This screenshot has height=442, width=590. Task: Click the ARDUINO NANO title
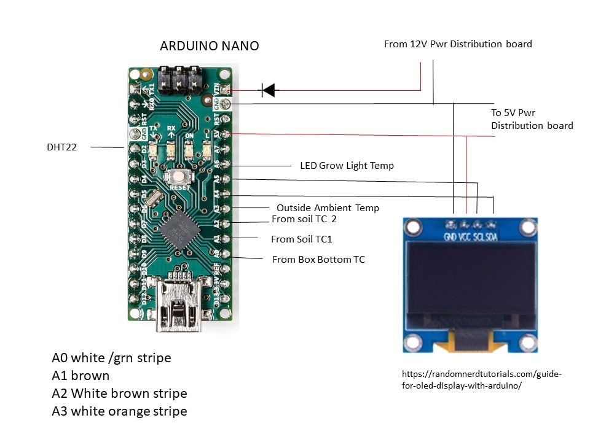pyautogui.click(x=209, y=46)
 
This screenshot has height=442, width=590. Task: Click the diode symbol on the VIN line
pyautogui.click(x=268, y=91)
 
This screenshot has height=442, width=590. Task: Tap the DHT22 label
pyautogui.click(x=62, y=147)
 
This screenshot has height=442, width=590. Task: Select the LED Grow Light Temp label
pyautogui.click(x=347, y=165)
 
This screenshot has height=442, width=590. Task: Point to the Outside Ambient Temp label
pyautogui.click(x=328, y=208)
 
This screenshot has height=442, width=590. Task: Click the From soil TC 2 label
pyautogui.click(x=304, y=219)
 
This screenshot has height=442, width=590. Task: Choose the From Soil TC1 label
pyautogui.click(x=301, y=239)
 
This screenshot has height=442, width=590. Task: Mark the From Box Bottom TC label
pyautogui.click(x=318, y=260)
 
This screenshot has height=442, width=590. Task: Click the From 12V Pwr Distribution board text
pyautogui.click(x=458, y=44)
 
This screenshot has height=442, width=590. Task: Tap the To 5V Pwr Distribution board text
pyautogui.click(x=532, y=119)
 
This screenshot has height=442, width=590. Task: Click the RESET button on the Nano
pyautogui.click(x=179, y=177)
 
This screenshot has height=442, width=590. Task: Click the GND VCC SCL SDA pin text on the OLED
pyautogui.click(x=470, y=236)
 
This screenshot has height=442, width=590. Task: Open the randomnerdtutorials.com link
pyautogui.click(x=481, y=379)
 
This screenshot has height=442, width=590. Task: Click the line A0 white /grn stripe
pyautogui.click(x=111, y=358)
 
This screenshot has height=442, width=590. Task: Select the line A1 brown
pyautogui.click(x=81, y=376)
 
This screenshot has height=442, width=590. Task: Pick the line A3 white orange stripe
pyautogui.click(x=119, y=411)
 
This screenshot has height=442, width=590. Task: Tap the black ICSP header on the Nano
pyautogui.click(x=179, y=80)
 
